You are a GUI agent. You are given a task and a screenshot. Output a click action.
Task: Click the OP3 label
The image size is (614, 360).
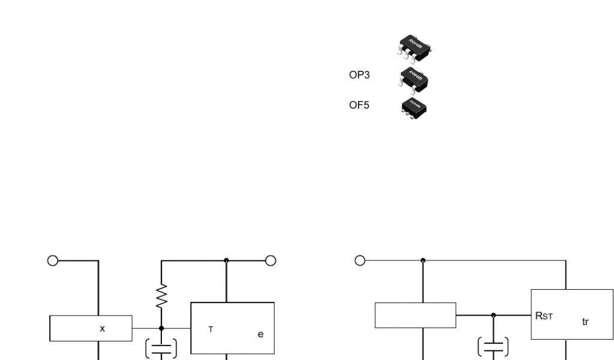click(x=359, y=75)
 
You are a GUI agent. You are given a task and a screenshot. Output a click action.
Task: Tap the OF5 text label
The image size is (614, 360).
click(x=359, y=105)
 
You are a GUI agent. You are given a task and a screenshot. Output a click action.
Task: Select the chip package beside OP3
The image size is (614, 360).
click(x=414, y=79)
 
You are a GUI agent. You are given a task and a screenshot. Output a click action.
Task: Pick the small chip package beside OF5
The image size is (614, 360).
click(x=414, y=107)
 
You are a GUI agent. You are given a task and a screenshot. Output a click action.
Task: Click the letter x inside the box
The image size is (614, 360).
click(x=103, y=329)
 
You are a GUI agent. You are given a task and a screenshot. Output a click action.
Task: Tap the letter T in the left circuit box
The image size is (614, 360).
click(x=210, y=329)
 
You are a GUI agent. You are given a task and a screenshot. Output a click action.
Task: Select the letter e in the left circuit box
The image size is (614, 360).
click(x=260, y=334)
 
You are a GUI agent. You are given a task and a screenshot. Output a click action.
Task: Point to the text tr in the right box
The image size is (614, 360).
click(x=585, y=322)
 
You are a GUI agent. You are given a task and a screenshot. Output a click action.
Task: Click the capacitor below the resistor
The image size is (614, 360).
click(x=161, y=349)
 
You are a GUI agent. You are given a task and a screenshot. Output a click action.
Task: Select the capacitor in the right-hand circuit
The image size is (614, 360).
click(x=493, y=347)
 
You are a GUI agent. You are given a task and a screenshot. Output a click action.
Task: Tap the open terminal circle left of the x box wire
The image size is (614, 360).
click(x=53, y=260)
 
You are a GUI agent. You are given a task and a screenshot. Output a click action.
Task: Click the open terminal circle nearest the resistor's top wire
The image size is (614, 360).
click(x=270, y=260)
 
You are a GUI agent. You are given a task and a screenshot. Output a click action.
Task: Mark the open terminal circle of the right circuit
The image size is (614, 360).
click(x=360, y=260)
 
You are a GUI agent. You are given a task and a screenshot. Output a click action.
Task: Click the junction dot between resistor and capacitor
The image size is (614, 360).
click(x=161, y=328)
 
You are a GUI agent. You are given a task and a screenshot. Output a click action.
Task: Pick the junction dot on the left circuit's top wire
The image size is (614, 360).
click(x=226, y=260)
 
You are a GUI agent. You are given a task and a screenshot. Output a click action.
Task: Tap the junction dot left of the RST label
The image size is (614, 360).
click(x=493, y=315)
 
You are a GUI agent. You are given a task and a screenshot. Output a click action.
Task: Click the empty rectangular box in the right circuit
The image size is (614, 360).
click(x=416, y=315)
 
